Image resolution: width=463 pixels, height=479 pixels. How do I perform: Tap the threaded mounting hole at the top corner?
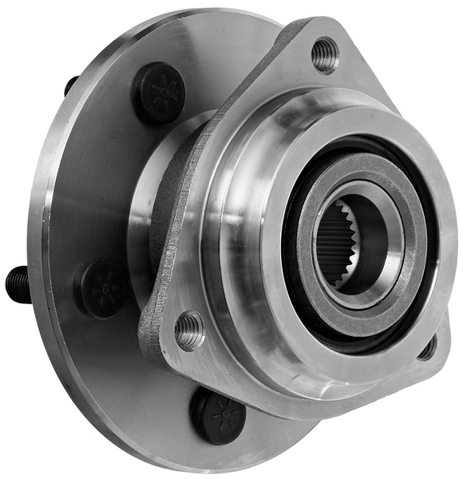coord(325,53)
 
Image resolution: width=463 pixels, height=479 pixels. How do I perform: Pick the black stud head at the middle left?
coord(102,288)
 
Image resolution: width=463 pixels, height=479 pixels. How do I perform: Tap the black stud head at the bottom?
coord(217,415)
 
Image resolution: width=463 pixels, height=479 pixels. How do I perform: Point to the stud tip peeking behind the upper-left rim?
coord(71,85)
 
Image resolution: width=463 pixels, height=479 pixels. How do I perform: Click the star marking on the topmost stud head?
coord(157,90)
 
